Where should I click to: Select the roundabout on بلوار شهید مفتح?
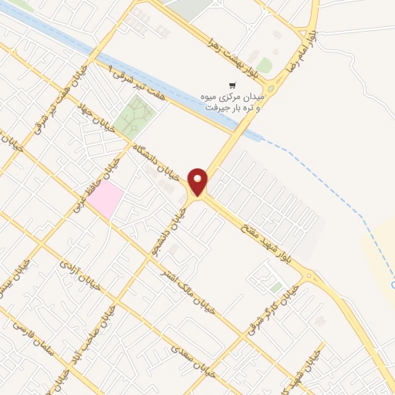(309, 275)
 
